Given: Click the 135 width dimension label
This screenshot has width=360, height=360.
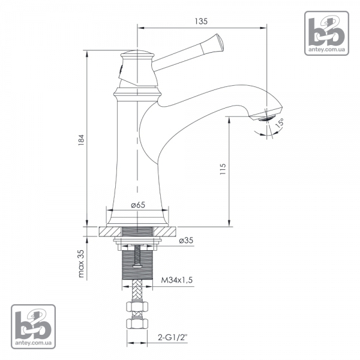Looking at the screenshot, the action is (x=201, y=21).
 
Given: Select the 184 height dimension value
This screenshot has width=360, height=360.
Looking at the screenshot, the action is (x=81, y=140).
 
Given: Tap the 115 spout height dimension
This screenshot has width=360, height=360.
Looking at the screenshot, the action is (x=223, y=169).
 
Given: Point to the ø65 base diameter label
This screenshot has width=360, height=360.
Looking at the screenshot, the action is (x=138, y=205).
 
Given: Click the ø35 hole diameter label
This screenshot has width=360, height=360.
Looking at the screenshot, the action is (x=186, y=241).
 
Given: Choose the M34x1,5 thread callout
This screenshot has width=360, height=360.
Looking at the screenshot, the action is (x=177, y=280).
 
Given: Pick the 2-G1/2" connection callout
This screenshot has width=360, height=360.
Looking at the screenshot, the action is (x=173, y=337).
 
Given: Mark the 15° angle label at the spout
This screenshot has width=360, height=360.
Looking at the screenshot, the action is (x=280, y=123).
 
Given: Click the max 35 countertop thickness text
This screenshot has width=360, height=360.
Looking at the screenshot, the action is (x=81, y=263).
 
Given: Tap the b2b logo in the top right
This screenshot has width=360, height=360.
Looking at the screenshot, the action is (x=326, y=33).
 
